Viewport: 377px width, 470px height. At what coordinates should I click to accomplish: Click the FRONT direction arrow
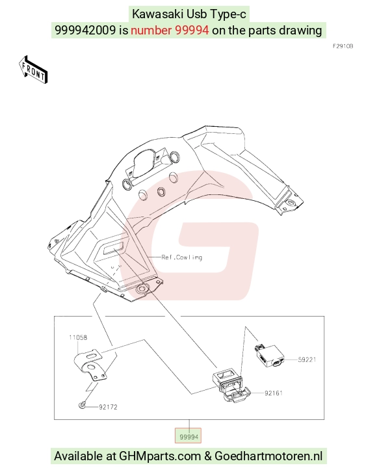tap(33, 70)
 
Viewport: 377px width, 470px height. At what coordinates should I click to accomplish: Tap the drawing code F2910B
tap(343, 46)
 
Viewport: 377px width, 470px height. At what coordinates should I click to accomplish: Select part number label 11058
tap(78, 337)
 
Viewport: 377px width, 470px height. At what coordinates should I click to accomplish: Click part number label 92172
tap(108, 407)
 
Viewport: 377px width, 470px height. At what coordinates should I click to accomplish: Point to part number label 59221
tap(307, 359)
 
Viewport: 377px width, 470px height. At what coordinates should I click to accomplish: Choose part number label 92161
tap(273, 393)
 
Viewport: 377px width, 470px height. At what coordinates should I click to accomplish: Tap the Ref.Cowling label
tap(181, 257)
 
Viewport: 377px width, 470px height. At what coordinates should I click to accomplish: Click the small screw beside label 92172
tap(82, 405)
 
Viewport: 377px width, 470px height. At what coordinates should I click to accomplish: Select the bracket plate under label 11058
tap(90, 365)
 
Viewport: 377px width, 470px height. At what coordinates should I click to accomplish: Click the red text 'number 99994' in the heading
tap(170, 31)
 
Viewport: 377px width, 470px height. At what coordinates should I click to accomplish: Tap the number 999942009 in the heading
tap(85, 31)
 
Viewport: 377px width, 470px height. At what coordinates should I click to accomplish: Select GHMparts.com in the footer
tap(160, 456)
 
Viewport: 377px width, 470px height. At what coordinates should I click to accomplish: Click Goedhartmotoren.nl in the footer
tap(268, 456)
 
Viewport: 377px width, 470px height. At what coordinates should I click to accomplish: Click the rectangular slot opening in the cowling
tap(113, 248)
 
